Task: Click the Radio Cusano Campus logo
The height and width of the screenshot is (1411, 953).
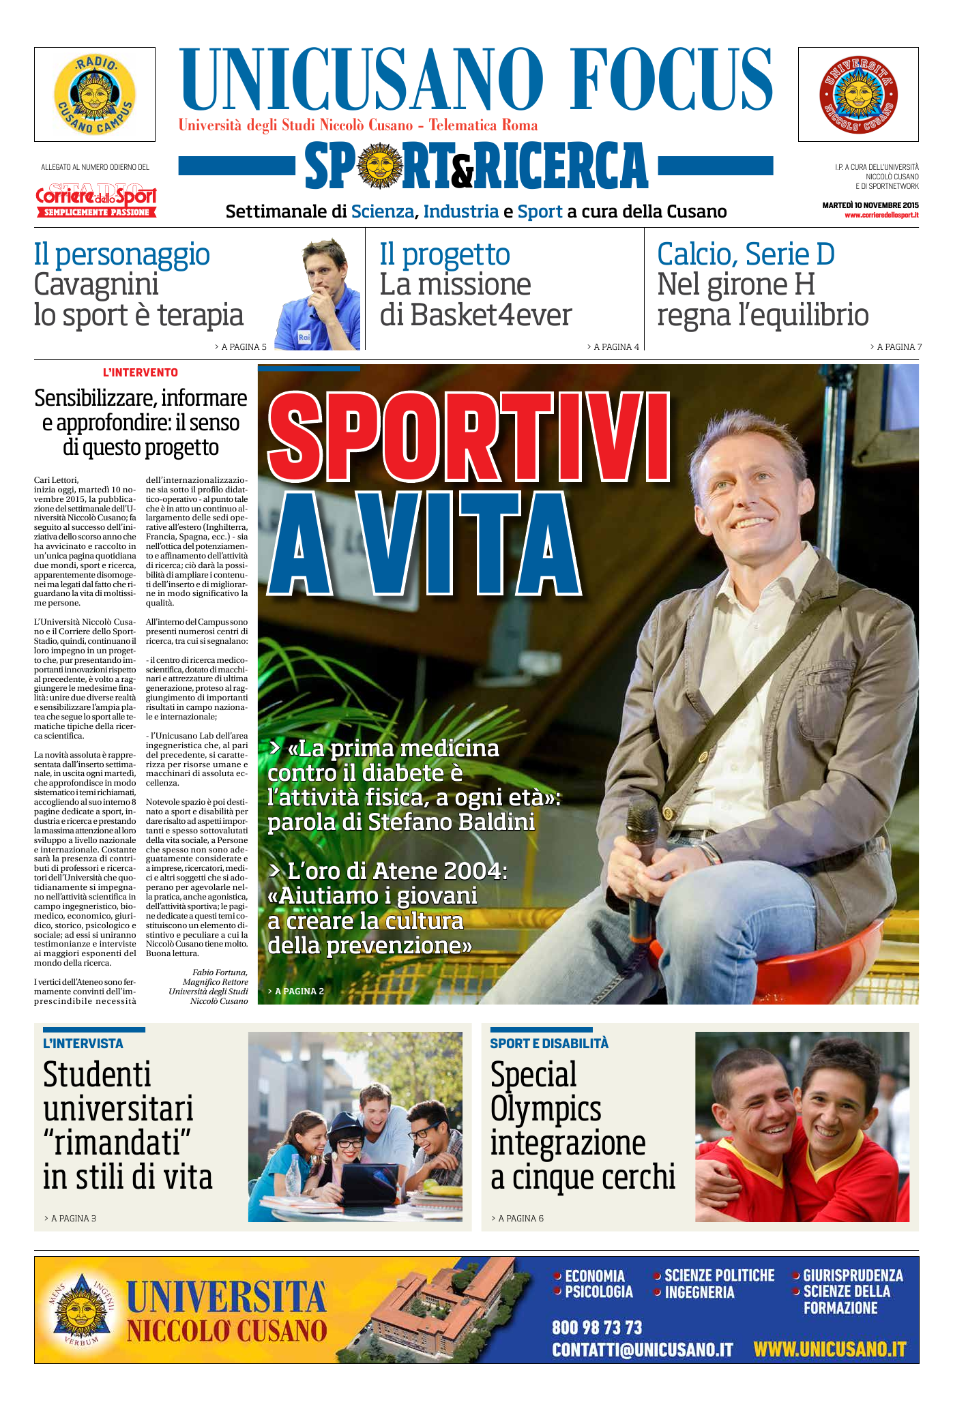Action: coord(95,94)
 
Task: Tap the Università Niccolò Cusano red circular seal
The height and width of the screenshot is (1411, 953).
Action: coord(858,95)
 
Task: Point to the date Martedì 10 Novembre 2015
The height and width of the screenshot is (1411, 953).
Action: coord(870,205)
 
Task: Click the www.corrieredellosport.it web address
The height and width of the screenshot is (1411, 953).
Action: coord(881,216)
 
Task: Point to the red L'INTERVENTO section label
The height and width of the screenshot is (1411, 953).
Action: coord(141,373)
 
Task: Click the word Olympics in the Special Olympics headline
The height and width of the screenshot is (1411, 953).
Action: coord(546,1109)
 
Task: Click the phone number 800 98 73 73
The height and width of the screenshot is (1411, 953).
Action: coord(597,1327)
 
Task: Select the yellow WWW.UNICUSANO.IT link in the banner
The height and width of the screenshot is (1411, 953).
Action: coord(830,1349)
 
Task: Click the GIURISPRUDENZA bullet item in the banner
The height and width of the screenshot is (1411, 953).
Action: coord(852,1275)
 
